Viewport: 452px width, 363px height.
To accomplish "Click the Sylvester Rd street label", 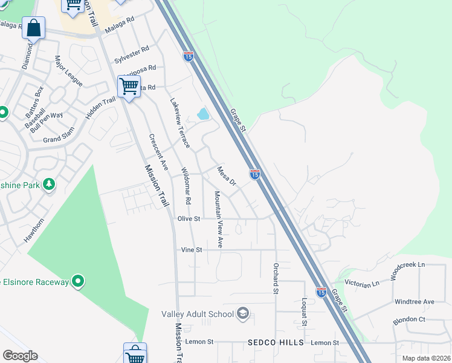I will point(131,55).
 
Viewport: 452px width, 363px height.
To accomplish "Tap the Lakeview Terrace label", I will point(180,123).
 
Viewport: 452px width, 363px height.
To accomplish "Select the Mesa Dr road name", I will point(226,175).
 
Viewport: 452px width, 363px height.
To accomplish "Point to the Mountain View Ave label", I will point(219,219).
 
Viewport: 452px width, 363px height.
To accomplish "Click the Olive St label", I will point(189,218).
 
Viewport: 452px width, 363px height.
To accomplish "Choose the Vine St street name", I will point(191,249).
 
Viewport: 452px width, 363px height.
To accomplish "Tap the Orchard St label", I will point(276,279).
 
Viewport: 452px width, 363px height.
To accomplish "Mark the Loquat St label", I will point(305,312).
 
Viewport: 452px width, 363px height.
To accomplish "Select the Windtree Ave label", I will point(414,301).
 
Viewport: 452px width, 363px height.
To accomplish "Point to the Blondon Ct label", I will point(409,319).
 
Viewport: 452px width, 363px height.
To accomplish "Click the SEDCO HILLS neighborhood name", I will point(276,342).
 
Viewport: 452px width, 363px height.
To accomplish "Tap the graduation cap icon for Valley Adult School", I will point(243,313).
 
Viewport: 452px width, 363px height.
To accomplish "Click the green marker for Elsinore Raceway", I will point(77,281).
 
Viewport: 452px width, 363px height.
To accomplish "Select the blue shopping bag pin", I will point(34,28).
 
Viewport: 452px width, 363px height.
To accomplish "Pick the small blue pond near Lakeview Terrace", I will point(203,114).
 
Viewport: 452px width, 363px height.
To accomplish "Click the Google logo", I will point(20,356).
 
